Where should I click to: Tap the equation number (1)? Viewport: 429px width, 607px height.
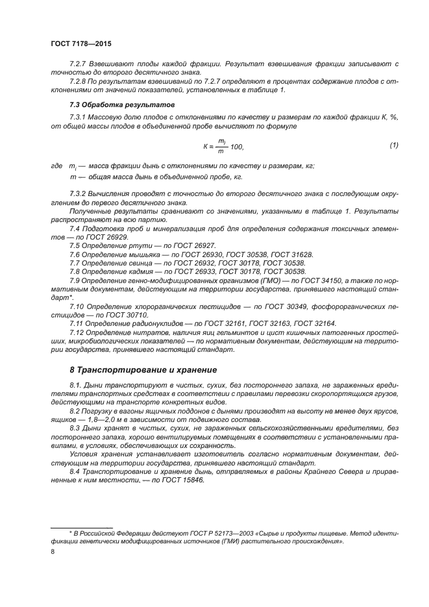click(393, 145)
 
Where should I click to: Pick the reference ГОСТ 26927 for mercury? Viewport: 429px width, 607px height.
click(193, 246)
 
